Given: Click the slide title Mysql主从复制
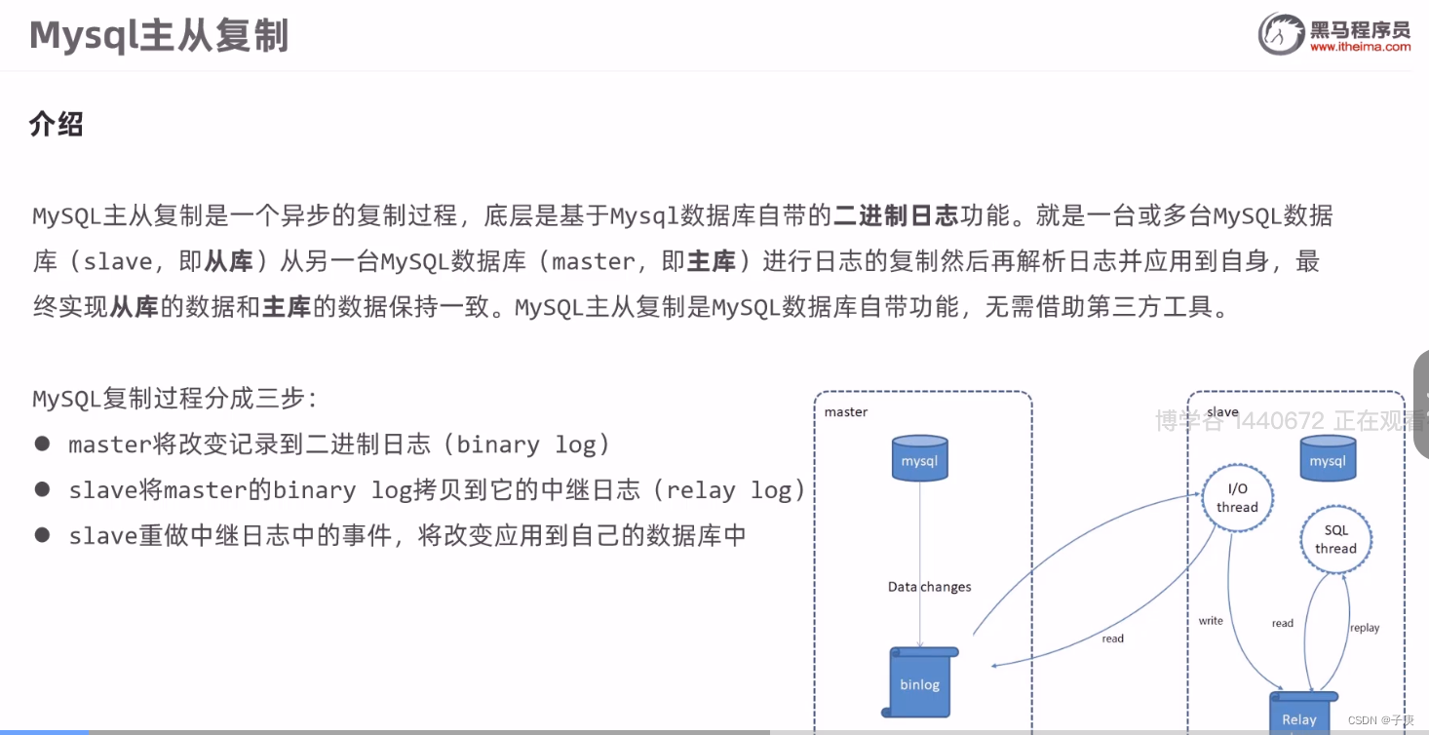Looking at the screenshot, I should click(x=159, y=36).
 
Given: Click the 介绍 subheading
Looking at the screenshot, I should click(x=57, y=125).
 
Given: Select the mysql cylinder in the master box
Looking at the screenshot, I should click(x=919, y=458).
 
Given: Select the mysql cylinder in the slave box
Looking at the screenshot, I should click(x=1327, y=458).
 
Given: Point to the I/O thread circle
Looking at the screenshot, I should click(x=1237, y=498).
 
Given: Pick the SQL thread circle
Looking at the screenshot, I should click(x=1335, y=539).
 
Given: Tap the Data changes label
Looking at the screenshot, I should click(x=929, y=587).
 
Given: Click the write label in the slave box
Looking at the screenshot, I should click(x=1211, y=621).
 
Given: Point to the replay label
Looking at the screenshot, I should click(x=1365, y=628).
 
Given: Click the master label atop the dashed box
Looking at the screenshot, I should click(x=845, y=411).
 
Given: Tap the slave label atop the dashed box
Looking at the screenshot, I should click(x=1222, y=412).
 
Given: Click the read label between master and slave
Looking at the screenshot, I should click(x=1112, y=638).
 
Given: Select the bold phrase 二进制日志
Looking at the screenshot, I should click(x=897, y=215).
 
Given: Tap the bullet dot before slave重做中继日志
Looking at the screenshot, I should click(x=42, y=534).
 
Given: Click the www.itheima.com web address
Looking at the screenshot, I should click(x=1360, y=48).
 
